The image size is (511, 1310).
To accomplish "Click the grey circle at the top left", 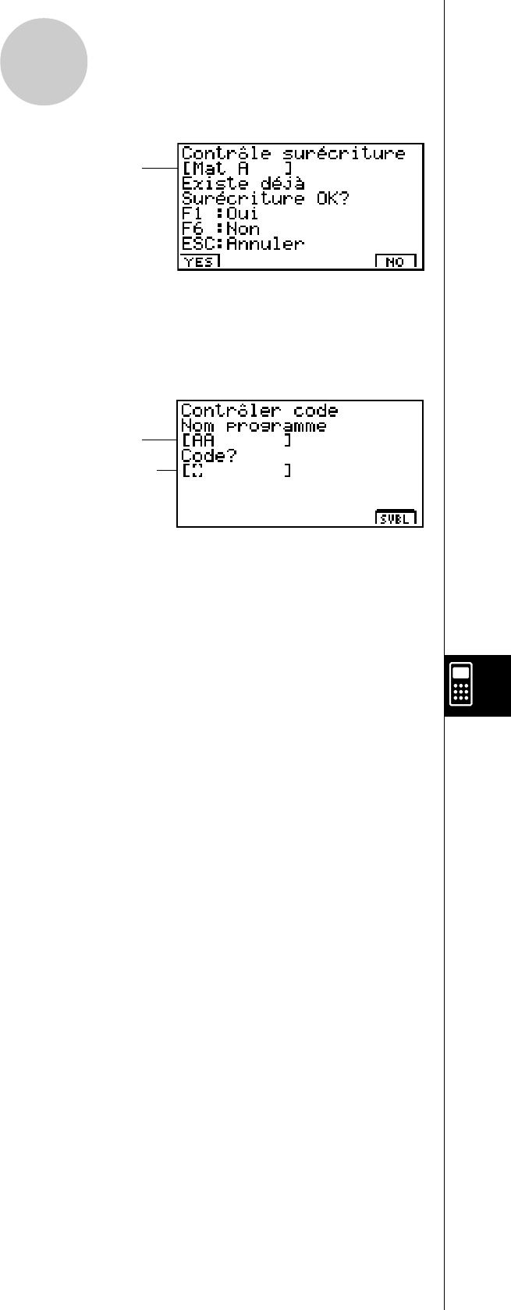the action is pos(44,62).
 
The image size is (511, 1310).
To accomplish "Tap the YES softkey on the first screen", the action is pos(200,262).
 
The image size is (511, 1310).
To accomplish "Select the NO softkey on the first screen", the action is pos(396,262).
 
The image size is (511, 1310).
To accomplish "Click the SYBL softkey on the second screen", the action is pos(396,518).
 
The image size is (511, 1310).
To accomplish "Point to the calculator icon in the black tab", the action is pos(461,684).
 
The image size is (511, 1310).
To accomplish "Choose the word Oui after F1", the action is pos(243,213).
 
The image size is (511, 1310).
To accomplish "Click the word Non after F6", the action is pos(243,228).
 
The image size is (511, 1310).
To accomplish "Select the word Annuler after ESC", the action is pos(265,244).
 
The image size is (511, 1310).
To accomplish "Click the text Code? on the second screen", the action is pos(208,456).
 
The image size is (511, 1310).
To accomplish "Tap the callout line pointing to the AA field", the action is pos(159,440).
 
